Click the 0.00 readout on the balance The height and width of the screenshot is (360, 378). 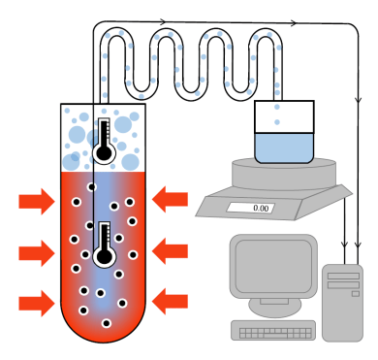(259, 207)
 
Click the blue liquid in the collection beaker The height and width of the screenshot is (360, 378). (282, 147)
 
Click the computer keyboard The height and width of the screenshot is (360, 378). (276, 333)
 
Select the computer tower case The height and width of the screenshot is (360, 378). (342, 301)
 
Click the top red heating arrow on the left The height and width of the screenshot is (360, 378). (37, 202)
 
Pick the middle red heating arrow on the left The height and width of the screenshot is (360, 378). (37, 252)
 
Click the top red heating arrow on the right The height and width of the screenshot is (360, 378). (171, 200)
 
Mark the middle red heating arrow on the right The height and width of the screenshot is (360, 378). (171, 251)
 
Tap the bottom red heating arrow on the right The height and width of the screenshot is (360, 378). (171, 302)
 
